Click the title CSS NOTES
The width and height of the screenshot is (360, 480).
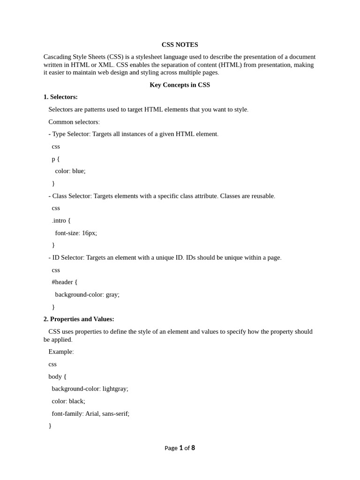pos(180,45)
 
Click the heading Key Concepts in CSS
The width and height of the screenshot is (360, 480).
pos(180,85)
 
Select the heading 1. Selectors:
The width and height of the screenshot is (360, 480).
pos(60,97)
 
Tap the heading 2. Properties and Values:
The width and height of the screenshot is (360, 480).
pos(79,319)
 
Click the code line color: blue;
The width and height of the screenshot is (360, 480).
pos(70,171)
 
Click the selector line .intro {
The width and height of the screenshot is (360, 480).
pos(61,220)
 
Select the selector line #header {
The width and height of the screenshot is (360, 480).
pos(65,282)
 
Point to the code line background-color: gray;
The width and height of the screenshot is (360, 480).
pos(87,294)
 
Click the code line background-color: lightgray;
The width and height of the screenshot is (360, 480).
pos(90,389)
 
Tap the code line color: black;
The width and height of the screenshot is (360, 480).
pos(68,401)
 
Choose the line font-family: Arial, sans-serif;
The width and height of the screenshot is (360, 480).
pos(90,413)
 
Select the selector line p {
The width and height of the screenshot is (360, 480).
pos(56,159)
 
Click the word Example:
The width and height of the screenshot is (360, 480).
pos(61,352)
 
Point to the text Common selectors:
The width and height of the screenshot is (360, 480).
pos(74,122)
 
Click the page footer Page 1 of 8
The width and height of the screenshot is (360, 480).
pos(180,448)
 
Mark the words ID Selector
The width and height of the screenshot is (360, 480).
pos(68,257)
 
